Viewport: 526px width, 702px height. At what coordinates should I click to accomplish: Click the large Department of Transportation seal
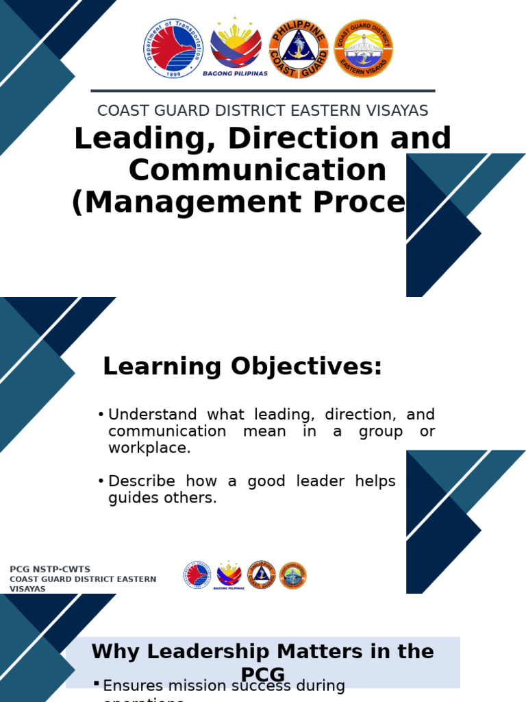pyautogui.click(x=174, y=49)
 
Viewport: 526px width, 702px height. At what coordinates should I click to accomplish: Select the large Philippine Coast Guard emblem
pyautogui.click(x=299, y=48)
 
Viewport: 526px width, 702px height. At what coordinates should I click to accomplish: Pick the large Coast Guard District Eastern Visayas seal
pyautogui.click(x=363, y=48)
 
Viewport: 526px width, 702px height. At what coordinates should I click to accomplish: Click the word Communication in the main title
pyautogui.click(x=258, y=170)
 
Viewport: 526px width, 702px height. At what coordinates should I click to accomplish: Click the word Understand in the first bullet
pyautogui.click(x=153, y=415)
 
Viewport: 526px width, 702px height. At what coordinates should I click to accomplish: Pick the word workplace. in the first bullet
pyautogui.click(x=149, y=448)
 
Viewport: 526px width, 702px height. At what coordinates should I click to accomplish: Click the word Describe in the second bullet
pyautogui.click(x=142, y=481)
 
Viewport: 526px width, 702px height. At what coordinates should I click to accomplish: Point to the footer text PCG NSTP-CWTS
pyautogui.click(x=49, y=570)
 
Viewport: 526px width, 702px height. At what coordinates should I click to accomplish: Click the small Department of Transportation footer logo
pyautogui.click(x=197, y=575)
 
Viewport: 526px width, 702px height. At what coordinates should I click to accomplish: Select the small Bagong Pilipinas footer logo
pyautogui.click(x=229, y=574)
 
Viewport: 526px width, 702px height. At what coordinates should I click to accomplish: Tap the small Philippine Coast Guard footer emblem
pyautogui.click(x=261, y=574)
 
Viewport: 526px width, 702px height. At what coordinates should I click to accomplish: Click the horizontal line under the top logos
pyautogui.click(x=263, y=90)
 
